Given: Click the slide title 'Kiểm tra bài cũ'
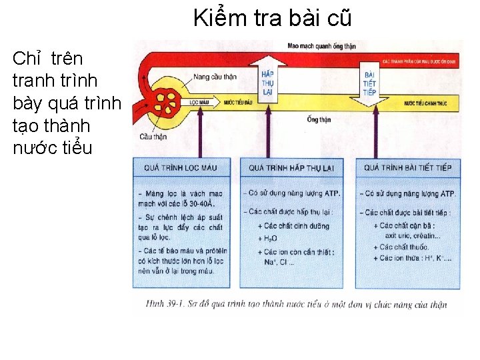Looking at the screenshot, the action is coord(272,17).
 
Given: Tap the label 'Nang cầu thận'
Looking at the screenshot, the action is coord(215,77).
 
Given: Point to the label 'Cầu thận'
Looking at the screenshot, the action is coord(153,137).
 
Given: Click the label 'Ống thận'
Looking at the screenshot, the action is coord(319,120).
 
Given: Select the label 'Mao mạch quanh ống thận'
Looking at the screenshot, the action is coord(321,46).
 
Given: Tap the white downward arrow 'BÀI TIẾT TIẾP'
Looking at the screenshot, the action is coord(369,83).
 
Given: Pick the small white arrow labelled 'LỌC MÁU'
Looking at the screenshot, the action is coord(201,103).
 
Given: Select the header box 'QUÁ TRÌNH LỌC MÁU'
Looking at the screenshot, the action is coord(181,167).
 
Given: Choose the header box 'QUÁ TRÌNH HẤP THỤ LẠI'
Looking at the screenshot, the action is coord(291,167).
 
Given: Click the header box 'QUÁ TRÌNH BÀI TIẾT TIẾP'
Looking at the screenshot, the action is coord(408,167).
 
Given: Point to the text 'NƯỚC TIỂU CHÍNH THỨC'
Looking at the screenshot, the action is coord(425,103).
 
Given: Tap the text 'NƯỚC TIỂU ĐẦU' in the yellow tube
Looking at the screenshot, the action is coord(237,103).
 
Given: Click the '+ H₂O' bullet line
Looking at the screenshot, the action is coord(268,238).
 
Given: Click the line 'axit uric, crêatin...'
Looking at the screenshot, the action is coord(413,235).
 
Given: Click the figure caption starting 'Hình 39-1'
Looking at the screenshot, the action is coord(290,305).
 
